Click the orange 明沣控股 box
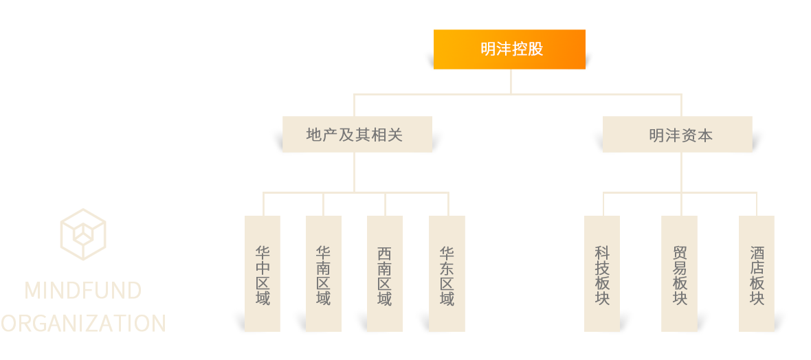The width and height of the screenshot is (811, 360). point(509,49)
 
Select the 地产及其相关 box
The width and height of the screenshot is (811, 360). point(357,135)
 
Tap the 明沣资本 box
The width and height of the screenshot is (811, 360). point(677,135)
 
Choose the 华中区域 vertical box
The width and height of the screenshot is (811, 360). point(263,273)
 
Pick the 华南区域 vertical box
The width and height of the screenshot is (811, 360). point(324,273)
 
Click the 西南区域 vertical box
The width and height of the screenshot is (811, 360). point(385,273)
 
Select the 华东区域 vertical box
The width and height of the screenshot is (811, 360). point(447,273)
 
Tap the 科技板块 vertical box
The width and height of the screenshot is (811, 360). point(602,273)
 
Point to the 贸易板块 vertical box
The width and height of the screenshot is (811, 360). point(679,273)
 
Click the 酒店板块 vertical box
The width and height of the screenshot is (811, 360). point(757,273)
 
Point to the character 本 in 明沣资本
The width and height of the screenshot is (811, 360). point(705,135)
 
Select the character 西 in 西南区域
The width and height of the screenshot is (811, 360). point(385,254)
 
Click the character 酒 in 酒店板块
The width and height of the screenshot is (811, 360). point(757,254)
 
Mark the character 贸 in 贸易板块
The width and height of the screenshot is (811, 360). point(679,254)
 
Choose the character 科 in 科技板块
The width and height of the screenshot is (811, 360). point(602,254)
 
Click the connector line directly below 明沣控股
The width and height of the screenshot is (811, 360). point(511,81)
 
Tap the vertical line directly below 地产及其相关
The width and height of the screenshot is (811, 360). point(355,172)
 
